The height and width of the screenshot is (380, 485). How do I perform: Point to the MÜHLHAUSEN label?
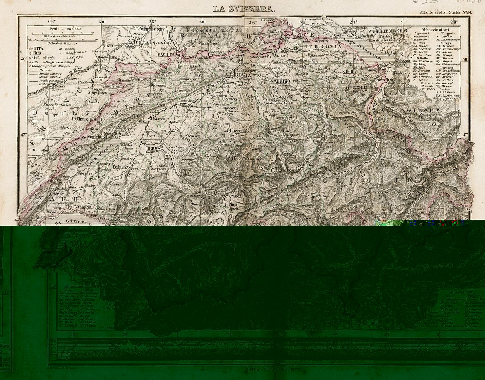coord(151,29)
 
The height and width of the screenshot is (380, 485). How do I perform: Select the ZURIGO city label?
coord(281,81)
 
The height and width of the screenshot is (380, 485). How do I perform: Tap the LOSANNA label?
coord(83,207)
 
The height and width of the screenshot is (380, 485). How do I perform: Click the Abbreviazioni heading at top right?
coord(436,29)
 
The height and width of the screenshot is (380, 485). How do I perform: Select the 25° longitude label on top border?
coord(152,22)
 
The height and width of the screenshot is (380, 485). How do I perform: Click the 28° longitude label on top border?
coord(454,22)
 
